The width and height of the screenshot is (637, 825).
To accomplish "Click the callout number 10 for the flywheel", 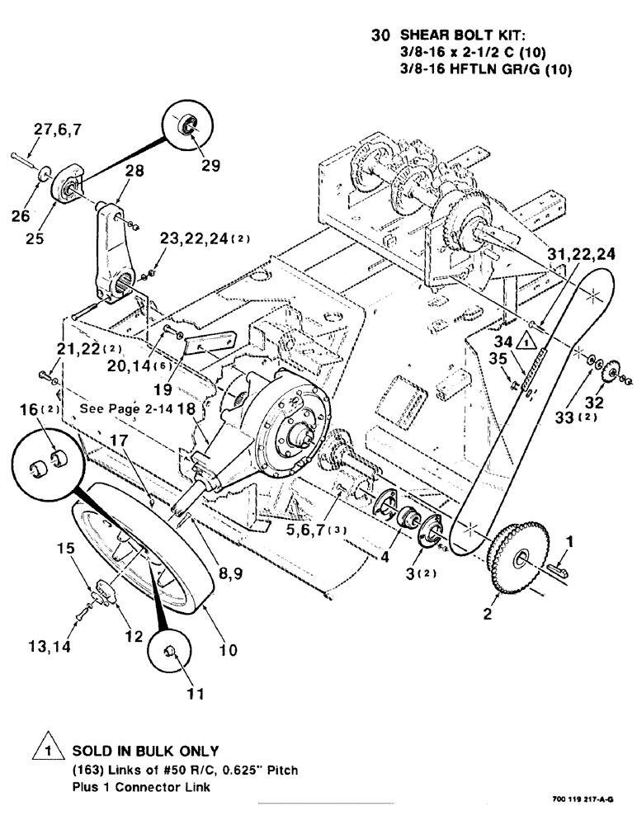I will tap(228, 649).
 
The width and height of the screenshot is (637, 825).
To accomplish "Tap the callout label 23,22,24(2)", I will tap(206, 238).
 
